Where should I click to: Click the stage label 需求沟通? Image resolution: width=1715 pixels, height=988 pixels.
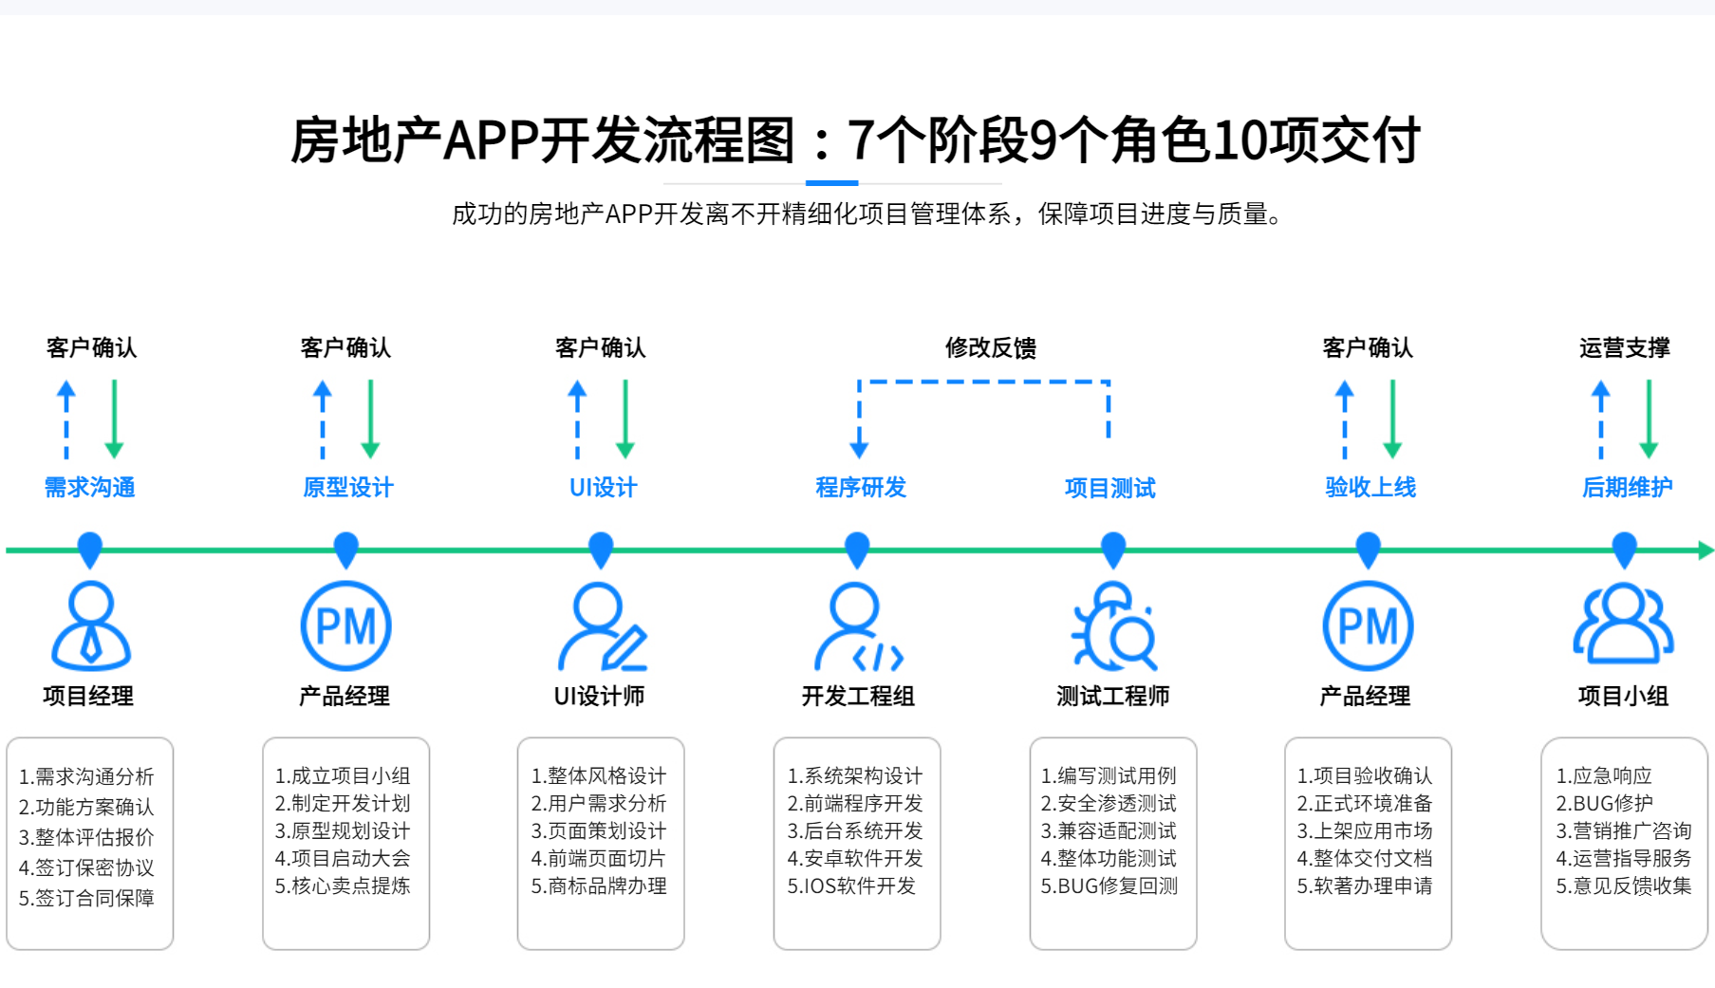(90, 488)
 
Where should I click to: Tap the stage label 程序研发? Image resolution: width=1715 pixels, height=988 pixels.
(861, 488)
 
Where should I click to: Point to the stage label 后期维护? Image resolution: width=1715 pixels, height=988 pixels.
(1627, 488)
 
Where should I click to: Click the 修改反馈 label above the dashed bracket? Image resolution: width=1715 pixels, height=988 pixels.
(990, 348)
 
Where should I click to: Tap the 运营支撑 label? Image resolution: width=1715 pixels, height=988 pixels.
(1624, 348)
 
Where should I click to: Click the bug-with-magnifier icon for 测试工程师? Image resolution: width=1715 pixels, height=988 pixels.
(1114, 627)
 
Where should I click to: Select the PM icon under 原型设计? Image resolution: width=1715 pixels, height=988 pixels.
(345, 626)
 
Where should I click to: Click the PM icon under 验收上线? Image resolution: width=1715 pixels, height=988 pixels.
(1368, 626)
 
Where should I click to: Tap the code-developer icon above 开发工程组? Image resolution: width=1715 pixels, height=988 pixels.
(858, 627)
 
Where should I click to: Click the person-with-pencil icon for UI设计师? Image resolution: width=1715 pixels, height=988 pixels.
(602, 627)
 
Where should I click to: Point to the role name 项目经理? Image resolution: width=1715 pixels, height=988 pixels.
(88, 697)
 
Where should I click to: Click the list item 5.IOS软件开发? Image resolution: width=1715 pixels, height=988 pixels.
(851, 886)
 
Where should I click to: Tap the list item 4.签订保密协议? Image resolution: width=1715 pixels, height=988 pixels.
(86, 868)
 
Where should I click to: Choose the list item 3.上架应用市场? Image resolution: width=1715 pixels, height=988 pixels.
(1364, 831)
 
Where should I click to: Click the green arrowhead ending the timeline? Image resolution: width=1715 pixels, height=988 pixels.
(1705, 550)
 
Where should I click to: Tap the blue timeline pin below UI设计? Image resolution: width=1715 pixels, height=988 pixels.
(601, 549)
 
